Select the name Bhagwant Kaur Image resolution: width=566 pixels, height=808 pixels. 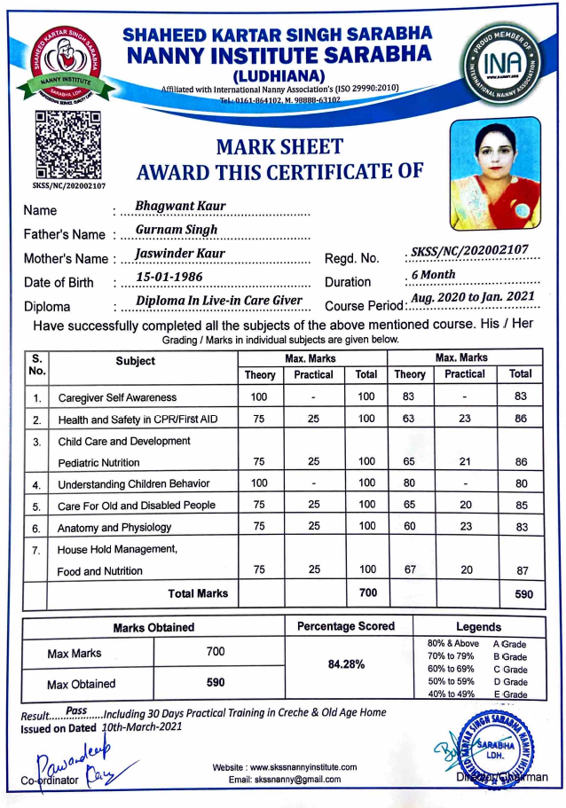(x=180, y=207)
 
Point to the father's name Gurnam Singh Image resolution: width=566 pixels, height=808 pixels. (x=176, y=230)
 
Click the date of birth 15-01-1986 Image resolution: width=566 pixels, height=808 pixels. (x=169, y=278)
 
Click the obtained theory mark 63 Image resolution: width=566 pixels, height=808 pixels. (x=409, y=419)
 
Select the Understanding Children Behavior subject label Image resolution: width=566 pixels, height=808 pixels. (x=134, y=483)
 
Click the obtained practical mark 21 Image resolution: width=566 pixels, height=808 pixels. (x=465, y=462)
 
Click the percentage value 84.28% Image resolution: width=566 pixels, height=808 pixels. (x=346, y=663)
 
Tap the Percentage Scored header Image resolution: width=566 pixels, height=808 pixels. (x=346, y=626)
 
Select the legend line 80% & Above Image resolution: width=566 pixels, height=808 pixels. (x=452, y=643)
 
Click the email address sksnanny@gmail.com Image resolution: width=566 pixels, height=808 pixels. (x=284, y=780)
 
